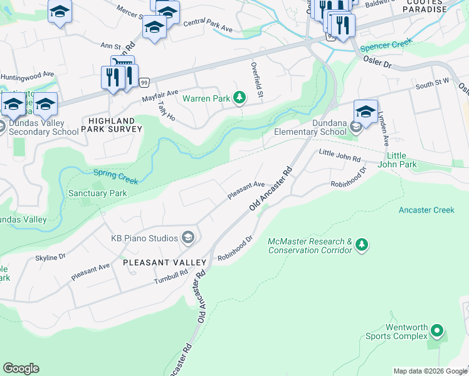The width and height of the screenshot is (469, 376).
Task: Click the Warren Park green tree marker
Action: pyautogui.click(x=239, y=97)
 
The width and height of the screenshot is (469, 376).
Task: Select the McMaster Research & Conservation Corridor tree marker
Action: pyautogui.click(x=361, y=244)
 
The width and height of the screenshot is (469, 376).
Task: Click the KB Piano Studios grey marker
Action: pyautogui.click(x=187, y=237)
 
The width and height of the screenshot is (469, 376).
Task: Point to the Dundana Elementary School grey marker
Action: pyautogui.click(x=356, y=128)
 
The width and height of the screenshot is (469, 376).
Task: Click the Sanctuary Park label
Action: pyautogui.click(x=97, y=194)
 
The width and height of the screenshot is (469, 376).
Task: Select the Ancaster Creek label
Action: pyautogui.click(x=426, y=210)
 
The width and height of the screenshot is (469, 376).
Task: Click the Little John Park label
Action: pyautogui.click(x=401, y=160)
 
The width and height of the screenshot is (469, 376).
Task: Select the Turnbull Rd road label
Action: pyautogui.click(x=171, y=276)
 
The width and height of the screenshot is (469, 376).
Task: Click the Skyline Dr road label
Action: pyautogui.click(x=50, y=257)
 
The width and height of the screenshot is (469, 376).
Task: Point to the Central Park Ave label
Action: pyautogui.click(x=208, y=27)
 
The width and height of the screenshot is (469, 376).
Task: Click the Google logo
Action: pyautogui.click(x=21, y=368)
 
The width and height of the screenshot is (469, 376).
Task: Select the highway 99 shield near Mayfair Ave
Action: pyautogui.click(x=144, y=82)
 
